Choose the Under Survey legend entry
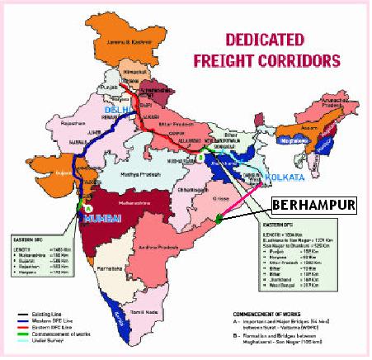click(40, 344)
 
